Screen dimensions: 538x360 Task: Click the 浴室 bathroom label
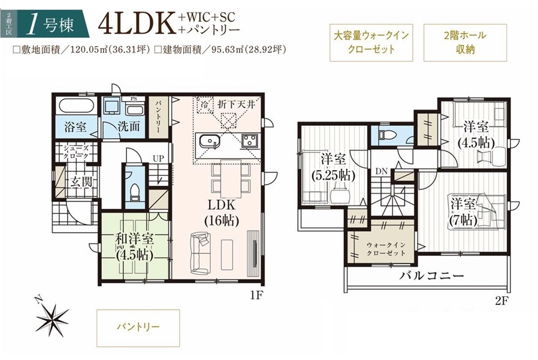tap(75, 126)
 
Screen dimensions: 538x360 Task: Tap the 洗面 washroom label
tap(129, 126)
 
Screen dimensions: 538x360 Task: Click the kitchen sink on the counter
tap(209, 141)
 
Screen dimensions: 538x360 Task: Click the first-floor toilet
tap(135, 192)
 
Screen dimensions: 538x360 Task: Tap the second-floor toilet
tap(382, 135)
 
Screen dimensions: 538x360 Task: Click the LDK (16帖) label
tap(222, 213)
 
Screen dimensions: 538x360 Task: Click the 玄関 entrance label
tap(81, 182)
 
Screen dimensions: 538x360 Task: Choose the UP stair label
tap(158, 159)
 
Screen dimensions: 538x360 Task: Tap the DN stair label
tap(381, 171)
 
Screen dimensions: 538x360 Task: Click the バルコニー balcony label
tap(431, 276)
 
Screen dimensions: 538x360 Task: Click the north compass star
tap(53, 316)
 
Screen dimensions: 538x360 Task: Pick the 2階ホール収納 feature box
tap(466, 43)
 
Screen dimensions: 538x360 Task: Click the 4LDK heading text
tap(136, 25)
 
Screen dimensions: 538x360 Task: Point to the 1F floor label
tap(256, 295)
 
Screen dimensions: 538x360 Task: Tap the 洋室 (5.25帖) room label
tap(333, 167)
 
